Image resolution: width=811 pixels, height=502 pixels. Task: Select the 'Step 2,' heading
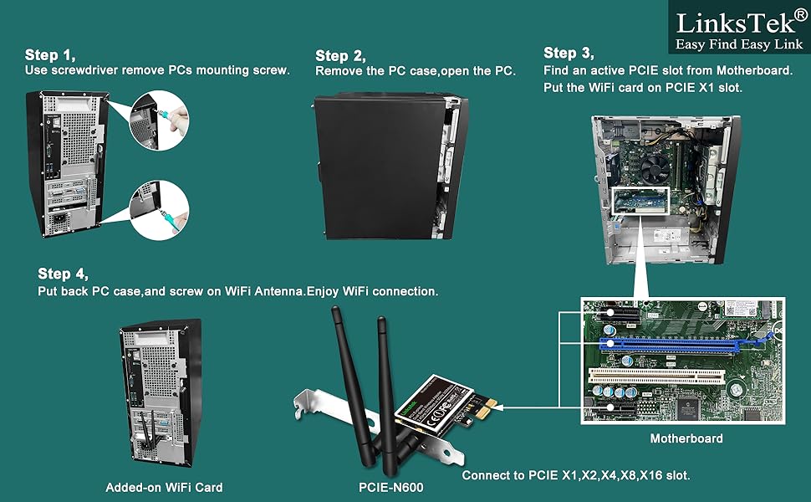[x=340, y=56]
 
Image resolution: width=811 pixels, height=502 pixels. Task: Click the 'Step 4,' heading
[x=63, y=274]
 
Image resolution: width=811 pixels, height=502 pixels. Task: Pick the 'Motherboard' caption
[x=686, y=438]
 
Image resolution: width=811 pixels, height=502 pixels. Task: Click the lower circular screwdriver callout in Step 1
[x=160, y=210]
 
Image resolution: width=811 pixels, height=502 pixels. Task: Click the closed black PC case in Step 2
[x=376, y=167]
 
